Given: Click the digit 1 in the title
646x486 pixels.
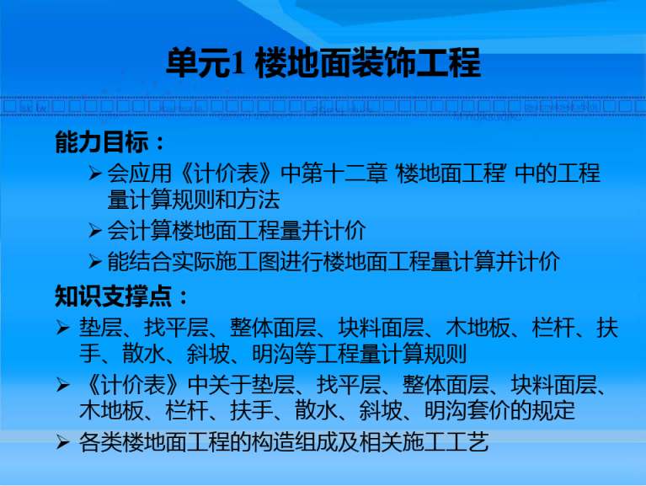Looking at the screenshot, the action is tap(237, 63).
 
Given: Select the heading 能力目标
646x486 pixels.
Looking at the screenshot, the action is tap(102, 142).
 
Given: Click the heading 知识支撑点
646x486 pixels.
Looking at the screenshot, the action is tap(114, 296).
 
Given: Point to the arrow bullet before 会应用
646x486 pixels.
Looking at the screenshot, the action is tap(95, 173).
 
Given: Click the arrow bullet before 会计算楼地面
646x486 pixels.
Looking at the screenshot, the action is tap(95, 230).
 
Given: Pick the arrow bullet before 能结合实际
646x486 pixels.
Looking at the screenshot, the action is tap(95, 262).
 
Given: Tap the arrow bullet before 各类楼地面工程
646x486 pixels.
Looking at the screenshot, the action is tap(63, 442).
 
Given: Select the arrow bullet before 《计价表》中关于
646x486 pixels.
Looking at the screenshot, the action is tap(63, 385).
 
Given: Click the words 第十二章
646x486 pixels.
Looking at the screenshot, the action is tap(344, 173).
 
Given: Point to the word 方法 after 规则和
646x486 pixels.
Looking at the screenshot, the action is tap(259, 200).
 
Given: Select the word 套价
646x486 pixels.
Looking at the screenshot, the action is tap(489, 410).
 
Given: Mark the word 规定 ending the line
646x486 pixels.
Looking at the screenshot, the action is tap(553, 410).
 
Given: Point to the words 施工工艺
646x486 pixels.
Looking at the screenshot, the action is tap(446, 442).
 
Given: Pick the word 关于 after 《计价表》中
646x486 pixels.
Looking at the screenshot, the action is tap(230, 385).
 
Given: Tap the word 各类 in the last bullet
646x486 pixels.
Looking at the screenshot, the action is tap(100, 442).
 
